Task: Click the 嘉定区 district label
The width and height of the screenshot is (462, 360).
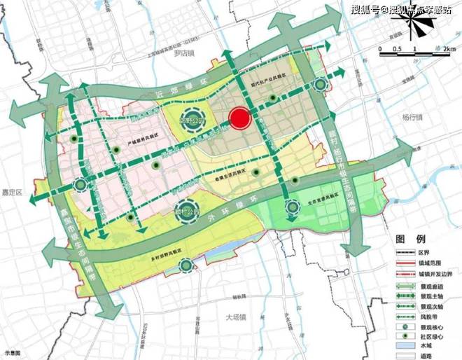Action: [x=11, y=191]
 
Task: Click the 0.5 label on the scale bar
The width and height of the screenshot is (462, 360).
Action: [x=397, y=48]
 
